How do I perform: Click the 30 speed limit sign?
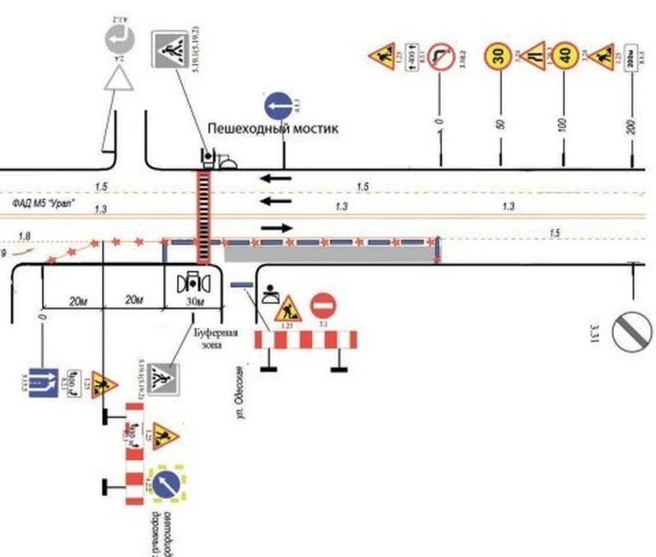click(x=499, y=56)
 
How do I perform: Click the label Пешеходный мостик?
click(x=273, y=128)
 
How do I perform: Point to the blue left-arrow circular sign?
click(x=279, y=107)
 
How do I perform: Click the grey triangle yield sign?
click(x=115, y=79)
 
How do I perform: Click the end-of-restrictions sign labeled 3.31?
click(x=633, y=328)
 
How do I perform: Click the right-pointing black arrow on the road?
click(x=275, y=228)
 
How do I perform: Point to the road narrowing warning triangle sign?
click(x=534, y=56)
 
